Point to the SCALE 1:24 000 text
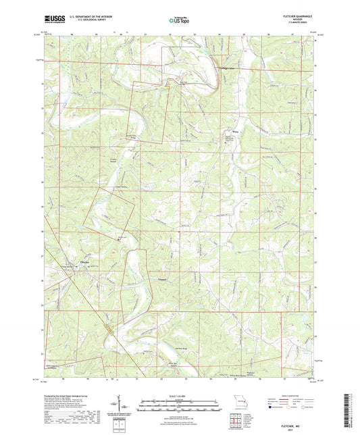(179, 395)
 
